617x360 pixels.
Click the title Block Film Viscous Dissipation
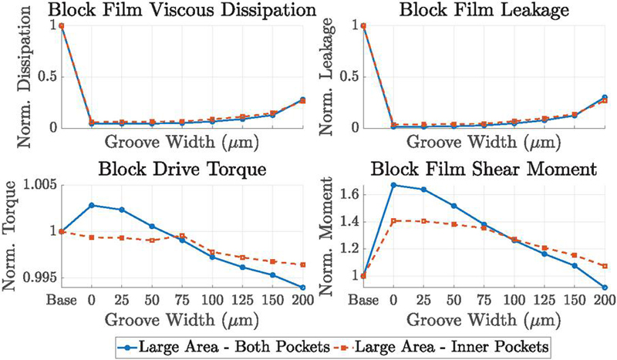pyautogui.click(x=155, y=10)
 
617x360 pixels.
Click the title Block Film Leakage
pyautogui.click(x=458, y=10)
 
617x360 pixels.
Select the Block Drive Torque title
pyautogui.click(x=155, y=170)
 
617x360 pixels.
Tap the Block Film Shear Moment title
pyautogui.click(x=458, y=170)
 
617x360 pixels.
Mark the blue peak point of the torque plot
pyautogui.click(x=92, y=205)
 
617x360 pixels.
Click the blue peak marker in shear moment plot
pyautogui.click(x=394, y=185)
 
